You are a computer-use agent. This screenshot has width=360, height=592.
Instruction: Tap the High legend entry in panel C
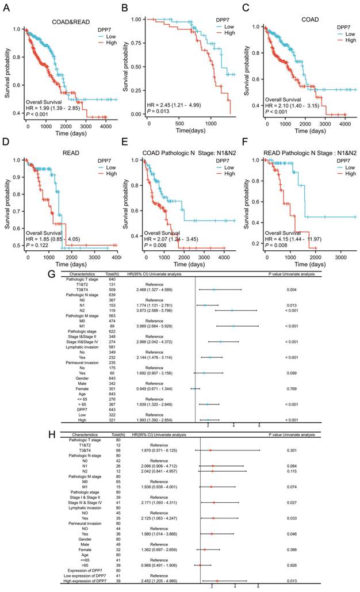point(342,41)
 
